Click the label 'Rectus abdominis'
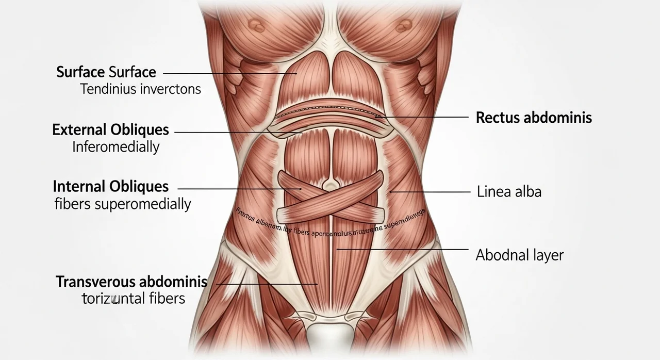coord(534,118)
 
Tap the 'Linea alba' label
coord(509,192)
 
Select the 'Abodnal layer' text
coord(519,255)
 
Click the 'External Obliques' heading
coord(110,130)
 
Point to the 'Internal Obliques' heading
coord(110,186)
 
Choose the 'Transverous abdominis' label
coord(131,282)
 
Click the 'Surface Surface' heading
coord(106,72)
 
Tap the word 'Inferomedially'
coord(115,147)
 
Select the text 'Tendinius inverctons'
coord(140,89)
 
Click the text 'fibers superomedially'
coord(123,204)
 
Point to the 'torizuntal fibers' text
coord(133,298)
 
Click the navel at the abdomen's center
coord(328,184)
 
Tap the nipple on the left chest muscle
coord(256,24)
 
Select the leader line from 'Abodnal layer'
coord(402,249)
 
